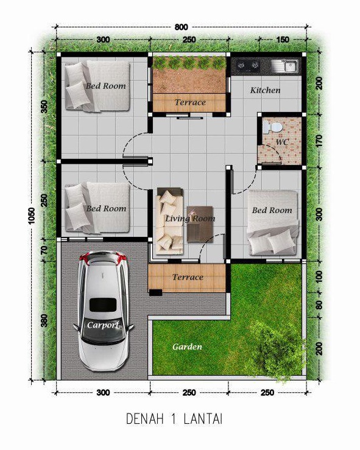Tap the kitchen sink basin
click(x=290, y=66)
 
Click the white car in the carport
click(x=102, y=311)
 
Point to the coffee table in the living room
click(x=200, y=224)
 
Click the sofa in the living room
click(x=169, y=221)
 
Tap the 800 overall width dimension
click(x=181, y=27)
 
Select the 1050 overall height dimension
click(x=32, y=216)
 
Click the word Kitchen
click(x=265, y=90)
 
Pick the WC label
click(x=283, y=142)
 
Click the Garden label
click(x=187, y=346)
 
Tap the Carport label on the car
click(x=103, y=325)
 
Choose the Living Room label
click(x=190, y=219)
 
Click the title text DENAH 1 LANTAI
click(x=174, y=419)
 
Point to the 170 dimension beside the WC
click(x=319, y=141)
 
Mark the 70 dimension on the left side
click(x=44, y=250)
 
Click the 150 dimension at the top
click(x=283, y=40)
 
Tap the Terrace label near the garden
click(x=188, y=277)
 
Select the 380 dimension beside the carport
click(x=44, y=320)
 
